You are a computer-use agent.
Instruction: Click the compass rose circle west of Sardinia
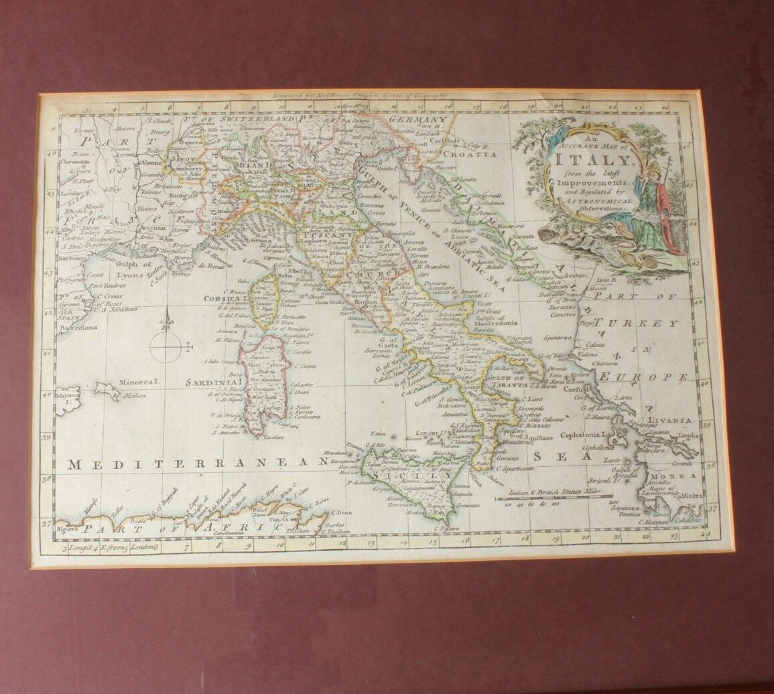point(166,346)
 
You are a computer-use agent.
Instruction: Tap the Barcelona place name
point(78,328)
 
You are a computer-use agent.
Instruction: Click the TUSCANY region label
point(326,235)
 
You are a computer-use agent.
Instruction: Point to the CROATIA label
point(474,154)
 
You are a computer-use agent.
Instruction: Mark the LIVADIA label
point(669,420)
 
